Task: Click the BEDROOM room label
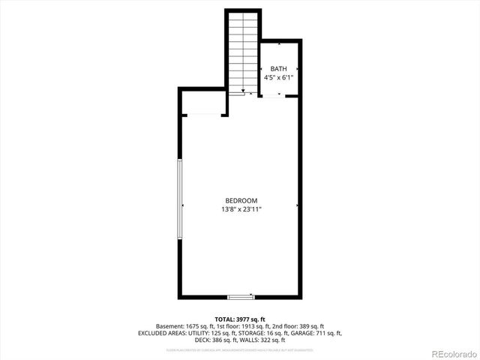[x=241, y=200]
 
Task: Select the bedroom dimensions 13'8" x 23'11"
[x=241, y=209]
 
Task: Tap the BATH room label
[x=278, y=69]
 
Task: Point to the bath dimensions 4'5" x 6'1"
[x=278, y=77]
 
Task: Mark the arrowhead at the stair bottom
[x=243, y=91]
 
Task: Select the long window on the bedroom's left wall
[x=179, y=199]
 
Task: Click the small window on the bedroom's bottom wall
[x=241, y=297]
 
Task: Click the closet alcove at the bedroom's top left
[x=202, y=103]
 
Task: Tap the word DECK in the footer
[x=202, y=340]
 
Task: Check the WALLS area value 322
[x=267, y=340]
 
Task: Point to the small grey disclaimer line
[x=240, y=349]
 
